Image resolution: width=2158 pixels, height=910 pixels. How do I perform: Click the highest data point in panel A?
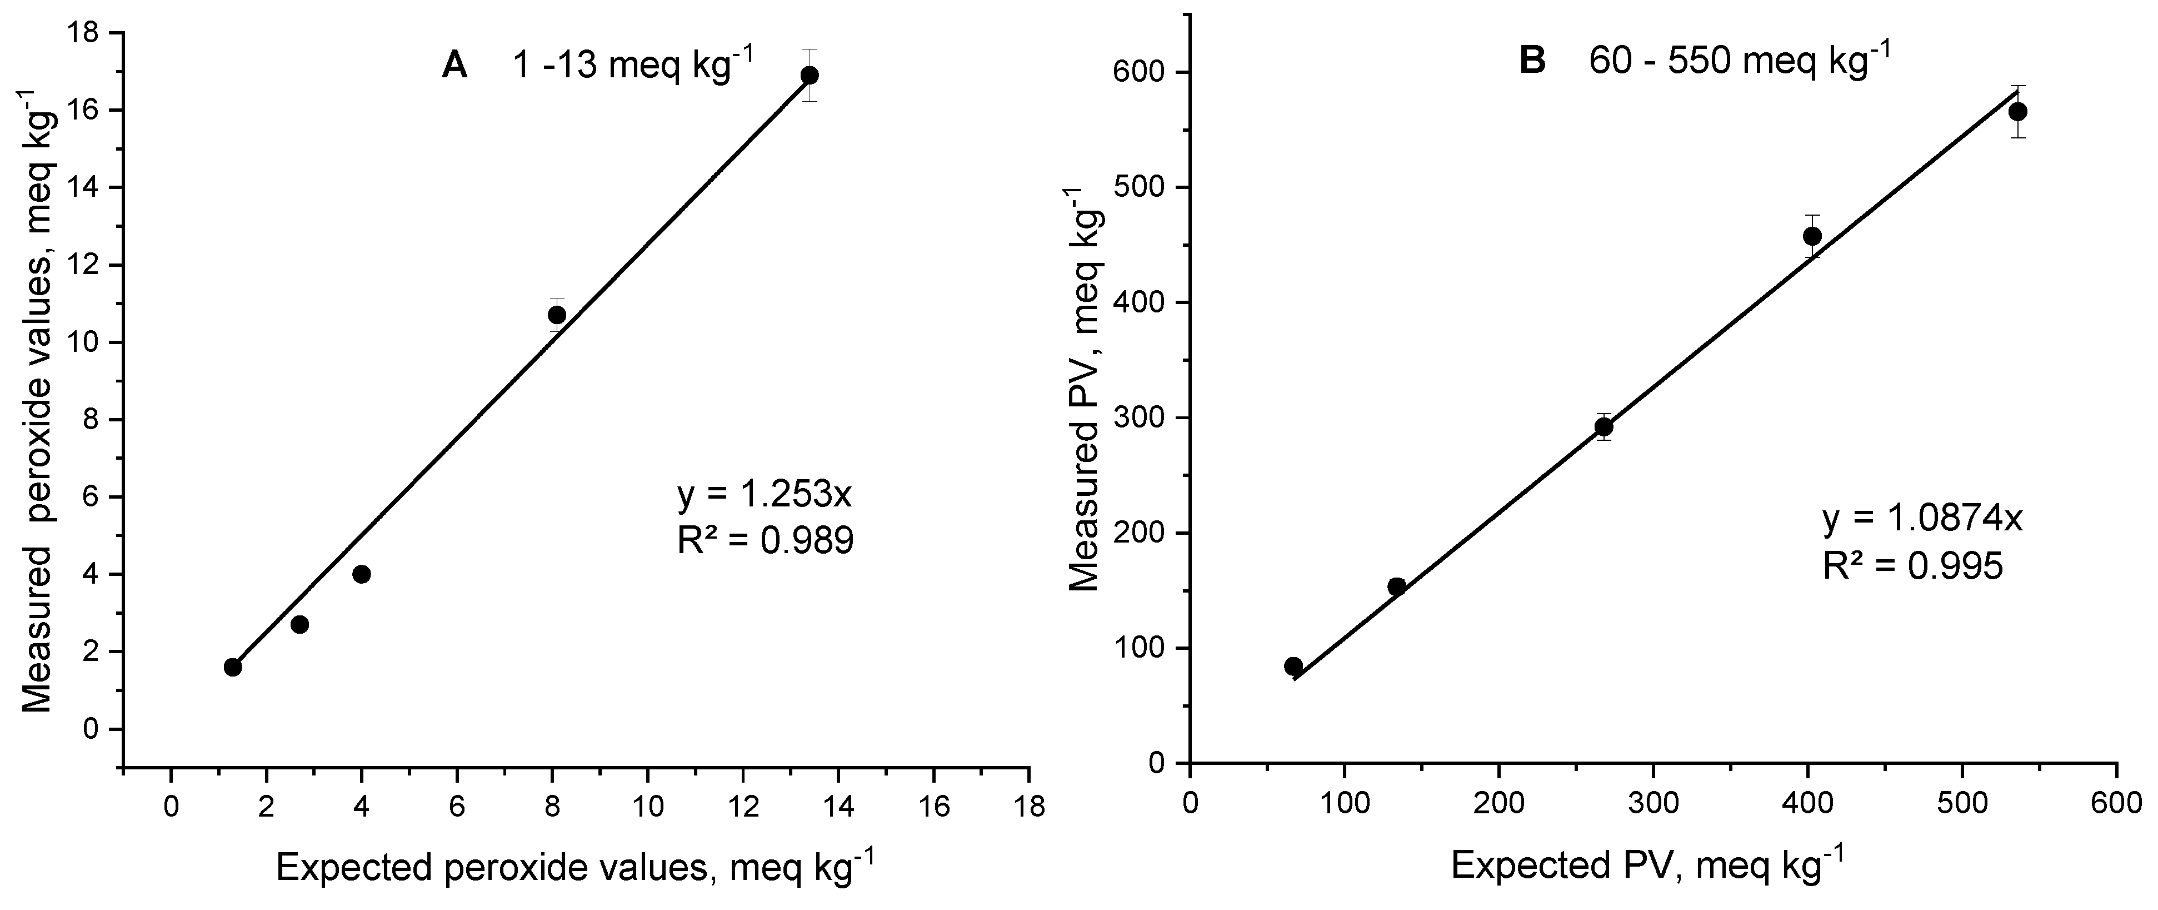(x=809, y=76)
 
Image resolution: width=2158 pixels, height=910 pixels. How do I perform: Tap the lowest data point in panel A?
(x=233, y=667)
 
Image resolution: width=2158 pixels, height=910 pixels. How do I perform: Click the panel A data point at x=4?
(x=362, y=574)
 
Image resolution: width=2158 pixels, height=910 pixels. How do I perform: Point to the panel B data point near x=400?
(x=1812, y=236)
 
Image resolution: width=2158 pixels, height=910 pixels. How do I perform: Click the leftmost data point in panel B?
(x=1293, y=666)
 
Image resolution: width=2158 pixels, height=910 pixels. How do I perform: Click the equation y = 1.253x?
(x=764, y=495)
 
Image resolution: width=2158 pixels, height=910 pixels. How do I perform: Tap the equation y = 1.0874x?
(x=1922, y=520)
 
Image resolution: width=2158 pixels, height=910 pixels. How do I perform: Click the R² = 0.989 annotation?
(x=765, y=542)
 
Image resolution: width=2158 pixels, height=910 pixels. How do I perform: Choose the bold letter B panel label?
(x=1532, y=61)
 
